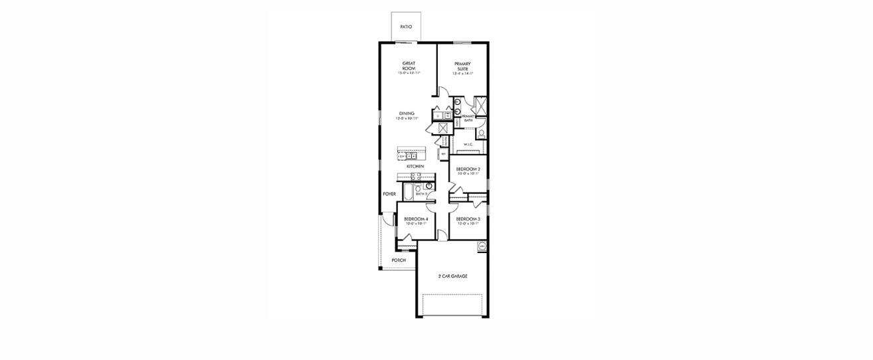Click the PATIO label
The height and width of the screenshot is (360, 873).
point(406,27)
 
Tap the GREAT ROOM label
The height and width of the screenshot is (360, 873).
point(409,66)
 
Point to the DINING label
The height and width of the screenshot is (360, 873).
point(407,114)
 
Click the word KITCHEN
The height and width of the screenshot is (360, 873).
point(415,166)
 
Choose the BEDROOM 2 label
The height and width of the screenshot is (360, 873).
point(468,169)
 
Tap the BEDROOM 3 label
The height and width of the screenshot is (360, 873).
point(468,219)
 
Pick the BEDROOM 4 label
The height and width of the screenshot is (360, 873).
point(416,219)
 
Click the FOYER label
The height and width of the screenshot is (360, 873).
point(389,194)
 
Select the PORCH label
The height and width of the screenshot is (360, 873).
point(398,260)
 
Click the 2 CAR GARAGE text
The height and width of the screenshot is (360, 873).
point(452,275)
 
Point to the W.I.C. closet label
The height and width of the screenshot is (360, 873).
point(468,143)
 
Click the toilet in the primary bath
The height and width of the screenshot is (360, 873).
point(481,134)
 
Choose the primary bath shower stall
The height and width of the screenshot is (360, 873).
point(481,106)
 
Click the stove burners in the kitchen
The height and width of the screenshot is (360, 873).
point(415,177)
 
